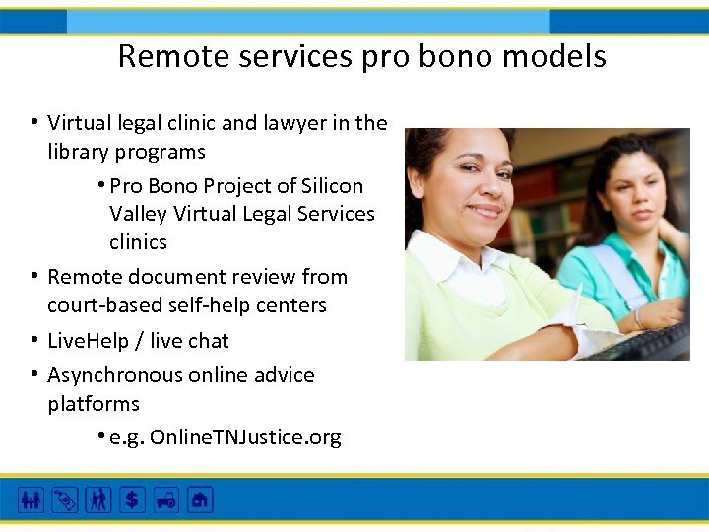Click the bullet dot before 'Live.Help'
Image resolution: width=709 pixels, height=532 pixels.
tap(34, 341)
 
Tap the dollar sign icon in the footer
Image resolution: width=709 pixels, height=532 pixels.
tap(132, 500)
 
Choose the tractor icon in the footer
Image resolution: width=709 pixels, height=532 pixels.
tap(165, 500)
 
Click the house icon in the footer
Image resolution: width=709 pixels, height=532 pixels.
tap(200, 500)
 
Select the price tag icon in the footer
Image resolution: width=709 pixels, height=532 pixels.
tap(65, 500)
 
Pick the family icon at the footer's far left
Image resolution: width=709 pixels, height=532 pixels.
tap(32, 500)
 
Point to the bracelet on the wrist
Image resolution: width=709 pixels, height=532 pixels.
tap(639, 318)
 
